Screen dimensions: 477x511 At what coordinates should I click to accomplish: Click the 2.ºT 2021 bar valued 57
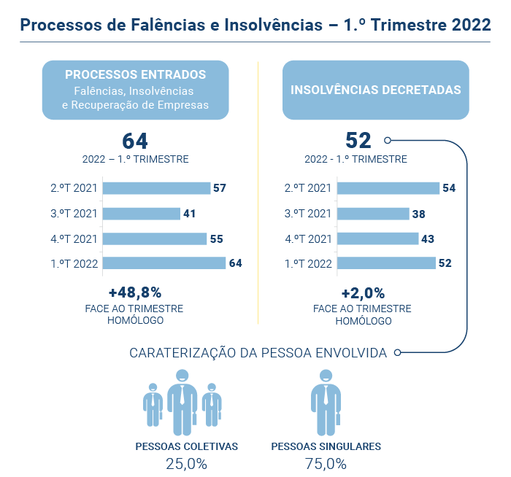pyautogui.click(x=156, y=188)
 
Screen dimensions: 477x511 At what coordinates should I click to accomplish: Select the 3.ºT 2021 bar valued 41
pyautogui.click(x=141, y=214)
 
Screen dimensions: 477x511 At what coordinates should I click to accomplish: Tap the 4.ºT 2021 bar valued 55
pyautogui.click(x=154, y=238)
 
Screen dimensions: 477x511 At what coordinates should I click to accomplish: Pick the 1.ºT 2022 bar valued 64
pyautogui.click(x=164, y=263)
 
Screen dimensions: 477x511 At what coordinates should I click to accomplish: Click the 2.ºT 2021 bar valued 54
pyautogui.click(x=388, y=188)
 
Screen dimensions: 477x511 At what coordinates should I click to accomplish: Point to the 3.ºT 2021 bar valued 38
pyautogui.click(x=373, y=214)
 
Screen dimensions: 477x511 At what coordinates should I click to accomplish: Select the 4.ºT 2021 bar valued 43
pyautogui.click(x=377, y=238)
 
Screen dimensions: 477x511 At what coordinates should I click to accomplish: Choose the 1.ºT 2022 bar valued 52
pyautogui.click(x=385, y=263)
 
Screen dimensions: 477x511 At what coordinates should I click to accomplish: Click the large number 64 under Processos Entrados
pyautogui.click(x=135, y=141)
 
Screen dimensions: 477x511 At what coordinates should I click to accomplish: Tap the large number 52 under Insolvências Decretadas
pyautogui.click(x=358, y=141)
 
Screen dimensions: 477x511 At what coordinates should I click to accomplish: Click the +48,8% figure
pyautogui.click(x=135, y=292)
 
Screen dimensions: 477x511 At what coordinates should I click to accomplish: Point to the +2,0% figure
pyautogui.click(x=363, y=292)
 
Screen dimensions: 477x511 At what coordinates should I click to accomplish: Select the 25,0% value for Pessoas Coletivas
pyautogui.click(x=186, y=464)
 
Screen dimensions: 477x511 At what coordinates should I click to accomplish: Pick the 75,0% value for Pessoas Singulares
pyautogui.click(x=326, y=464)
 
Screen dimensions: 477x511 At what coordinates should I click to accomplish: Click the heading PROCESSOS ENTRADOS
pyautogui.click(x=135, y=74)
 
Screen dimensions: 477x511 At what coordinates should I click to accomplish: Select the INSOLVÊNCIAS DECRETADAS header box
pyautogui.click(x=375, y=90)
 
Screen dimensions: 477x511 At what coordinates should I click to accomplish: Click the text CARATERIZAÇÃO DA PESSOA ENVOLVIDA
pyautogui.click(x=258, y=353)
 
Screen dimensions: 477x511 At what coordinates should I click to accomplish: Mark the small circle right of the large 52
pyautogui.click(x=388, y=141)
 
